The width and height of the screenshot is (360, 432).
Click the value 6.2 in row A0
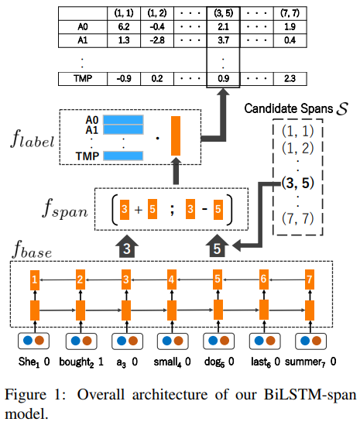[122, 26]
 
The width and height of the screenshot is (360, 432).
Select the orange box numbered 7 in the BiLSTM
[310, 277]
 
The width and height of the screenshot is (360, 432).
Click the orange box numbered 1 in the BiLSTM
[34, 277]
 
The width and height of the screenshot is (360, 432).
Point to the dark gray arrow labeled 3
[127, 249]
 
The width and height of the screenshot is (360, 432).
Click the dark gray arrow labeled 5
[217, 249]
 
